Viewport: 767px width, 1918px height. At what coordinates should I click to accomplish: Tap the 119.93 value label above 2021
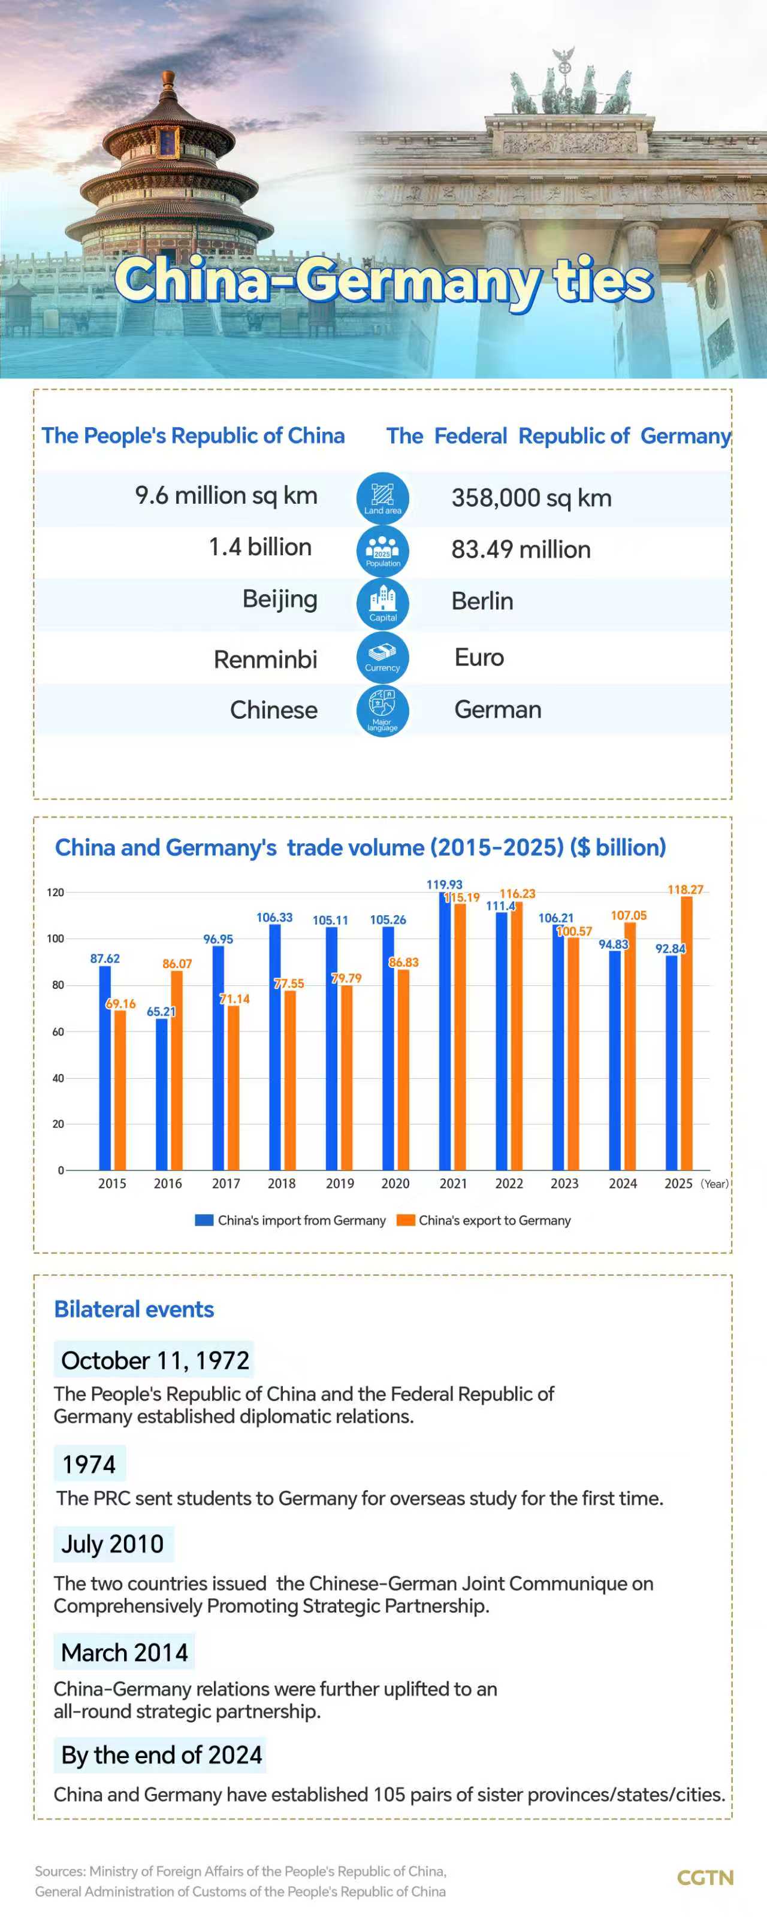(x=444, y=885)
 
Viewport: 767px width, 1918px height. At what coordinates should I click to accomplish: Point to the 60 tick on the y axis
(x=58, y=1032)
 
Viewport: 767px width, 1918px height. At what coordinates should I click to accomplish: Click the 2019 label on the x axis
(x=340, y=1184)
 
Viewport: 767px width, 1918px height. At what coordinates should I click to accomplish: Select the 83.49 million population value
(x=521, y=549)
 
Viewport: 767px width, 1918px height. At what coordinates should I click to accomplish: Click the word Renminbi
(x=265, y=659)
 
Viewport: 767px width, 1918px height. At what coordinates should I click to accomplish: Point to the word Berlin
(x=482, y=601)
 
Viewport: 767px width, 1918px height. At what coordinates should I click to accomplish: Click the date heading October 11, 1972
(x=155, y=1360)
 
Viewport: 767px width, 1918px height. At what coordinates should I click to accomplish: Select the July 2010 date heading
(x=113, y=1544)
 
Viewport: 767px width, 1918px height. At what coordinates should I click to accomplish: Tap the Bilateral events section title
(x=134, y=1309)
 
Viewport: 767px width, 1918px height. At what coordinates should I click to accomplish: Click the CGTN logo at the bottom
(x=705, y=1878)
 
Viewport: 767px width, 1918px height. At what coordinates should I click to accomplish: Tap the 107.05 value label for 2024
(x=629, y=915)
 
